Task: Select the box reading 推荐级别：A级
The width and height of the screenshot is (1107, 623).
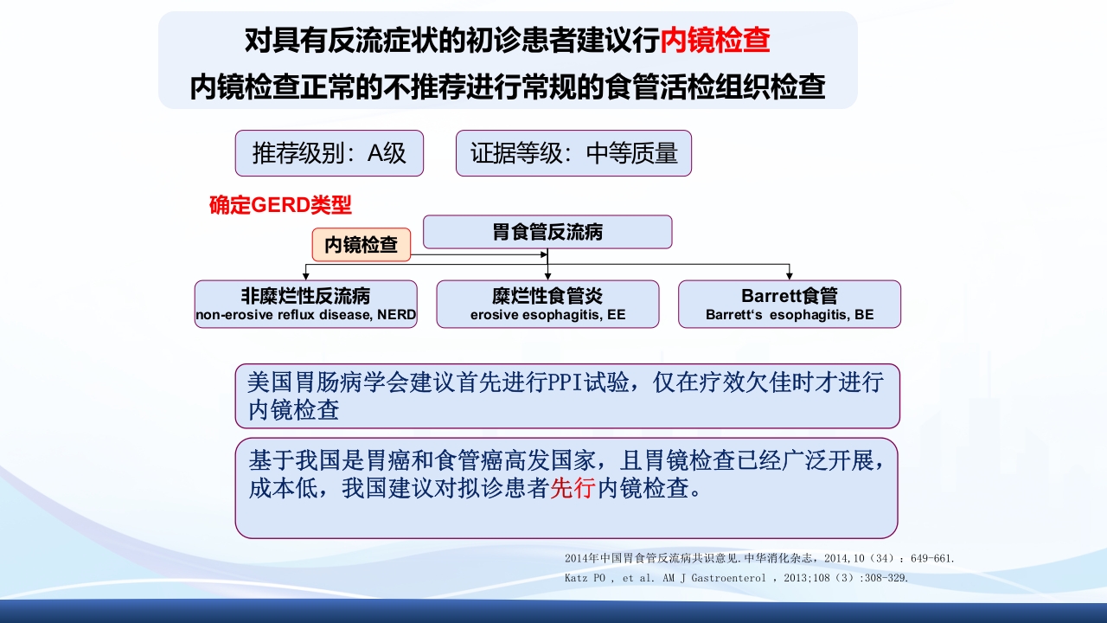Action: click(330, 153)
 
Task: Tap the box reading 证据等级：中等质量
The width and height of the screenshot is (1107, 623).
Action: click(573, 153)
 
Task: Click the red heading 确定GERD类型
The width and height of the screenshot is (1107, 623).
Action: click(280, 206)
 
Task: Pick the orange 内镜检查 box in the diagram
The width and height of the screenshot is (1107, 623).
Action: click(362, 245)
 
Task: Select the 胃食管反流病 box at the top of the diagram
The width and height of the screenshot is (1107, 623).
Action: click(547, 232)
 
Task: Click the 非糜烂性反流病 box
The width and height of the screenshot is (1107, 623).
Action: click(305, 304)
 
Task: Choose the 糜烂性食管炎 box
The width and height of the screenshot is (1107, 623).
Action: click(547, 304)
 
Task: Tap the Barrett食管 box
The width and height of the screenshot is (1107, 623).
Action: click(790, 304)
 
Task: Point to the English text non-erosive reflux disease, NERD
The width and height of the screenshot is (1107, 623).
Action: click(305, 315)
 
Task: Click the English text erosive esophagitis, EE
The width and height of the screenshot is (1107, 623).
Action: click(547, 315)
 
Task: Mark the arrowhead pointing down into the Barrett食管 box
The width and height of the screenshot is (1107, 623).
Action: click(790, 275)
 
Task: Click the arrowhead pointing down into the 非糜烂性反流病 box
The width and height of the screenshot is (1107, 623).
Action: click(305, 275)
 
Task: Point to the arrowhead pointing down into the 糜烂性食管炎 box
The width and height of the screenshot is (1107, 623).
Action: click(547, 275)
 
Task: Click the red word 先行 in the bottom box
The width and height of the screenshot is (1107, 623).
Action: click(573, 489)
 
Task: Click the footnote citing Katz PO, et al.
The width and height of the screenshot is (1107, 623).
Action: click(736, 578)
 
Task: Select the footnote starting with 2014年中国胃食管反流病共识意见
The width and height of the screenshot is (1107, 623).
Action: click(759, 559)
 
